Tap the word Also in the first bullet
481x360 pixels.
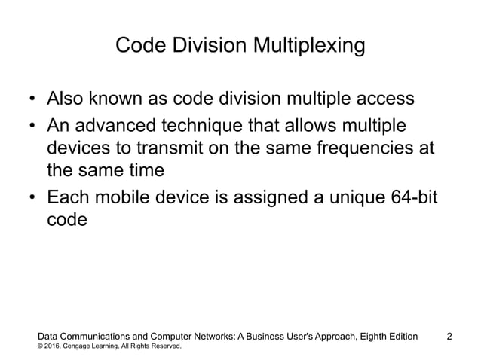tap(66, 99)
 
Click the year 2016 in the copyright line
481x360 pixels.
tap(56, 346)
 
